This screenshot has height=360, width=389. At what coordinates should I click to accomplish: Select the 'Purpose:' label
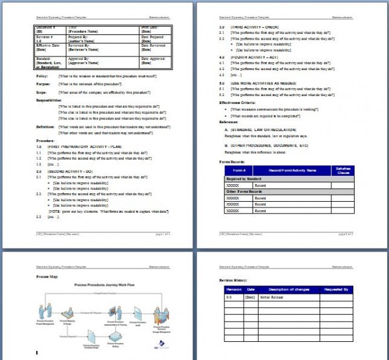[x=43, y=84]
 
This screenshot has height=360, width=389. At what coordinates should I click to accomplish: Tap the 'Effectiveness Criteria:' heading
[x=241, y=102]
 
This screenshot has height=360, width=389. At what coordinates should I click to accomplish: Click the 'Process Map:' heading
[x=47, y=276]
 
